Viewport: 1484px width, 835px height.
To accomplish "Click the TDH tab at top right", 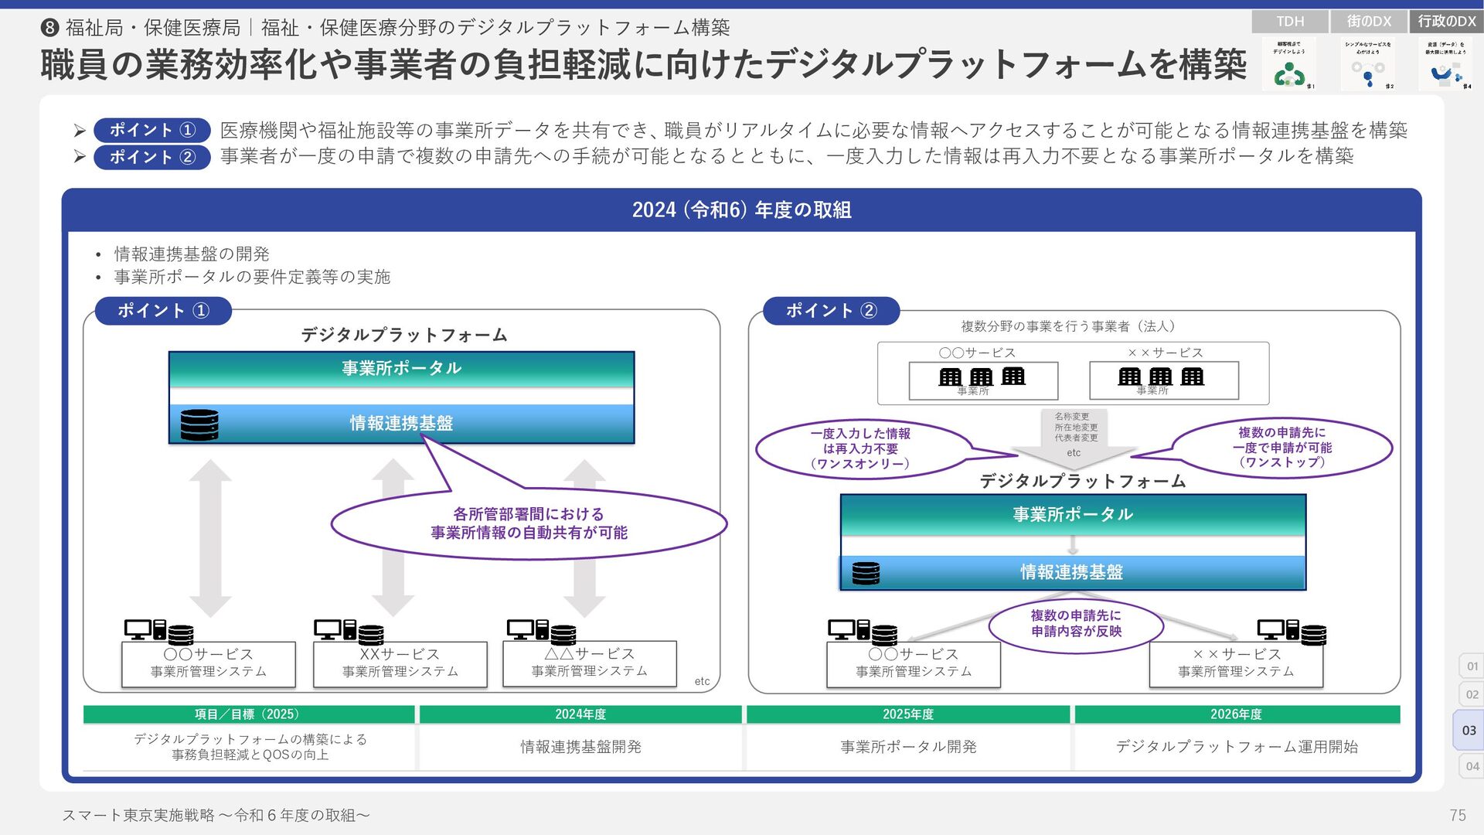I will point(1289,22).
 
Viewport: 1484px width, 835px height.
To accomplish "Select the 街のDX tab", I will point(1369,22).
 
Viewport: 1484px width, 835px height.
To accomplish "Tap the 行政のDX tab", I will point(1447,22).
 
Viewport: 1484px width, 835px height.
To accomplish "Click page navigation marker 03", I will point(1469,730).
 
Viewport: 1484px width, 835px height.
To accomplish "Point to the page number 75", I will point(1458,815).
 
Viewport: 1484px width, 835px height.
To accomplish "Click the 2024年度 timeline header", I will point(580,714).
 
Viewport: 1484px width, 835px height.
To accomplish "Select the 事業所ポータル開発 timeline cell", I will point(908,747).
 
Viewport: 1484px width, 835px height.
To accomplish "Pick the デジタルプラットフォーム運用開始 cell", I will point(1237,747).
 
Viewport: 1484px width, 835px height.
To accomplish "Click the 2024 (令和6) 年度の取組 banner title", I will point(741,210).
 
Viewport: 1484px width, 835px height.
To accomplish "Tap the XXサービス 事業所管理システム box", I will point(400,663).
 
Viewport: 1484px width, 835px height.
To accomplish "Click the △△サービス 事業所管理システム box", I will point(589,663).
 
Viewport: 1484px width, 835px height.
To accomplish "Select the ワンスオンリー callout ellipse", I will point(860,449).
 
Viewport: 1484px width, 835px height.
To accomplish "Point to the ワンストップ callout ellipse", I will point(1281,448).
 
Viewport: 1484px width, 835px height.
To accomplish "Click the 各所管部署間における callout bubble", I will point(529,523).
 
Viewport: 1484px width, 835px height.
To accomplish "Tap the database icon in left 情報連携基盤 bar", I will point(199,424).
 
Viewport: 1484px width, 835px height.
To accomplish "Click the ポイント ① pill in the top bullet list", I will point(151,130).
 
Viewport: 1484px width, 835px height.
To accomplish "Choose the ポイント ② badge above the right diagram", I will point(831,311).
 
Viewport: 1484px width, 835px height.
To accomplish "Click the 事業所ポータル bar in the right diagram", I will point(1073,515).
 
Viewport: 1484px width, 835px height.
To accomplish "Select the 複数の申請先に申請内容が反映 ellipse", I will point(1076,624).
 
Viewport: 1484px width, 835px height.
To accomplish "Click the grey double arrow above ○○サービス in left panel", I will point(210,538).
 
